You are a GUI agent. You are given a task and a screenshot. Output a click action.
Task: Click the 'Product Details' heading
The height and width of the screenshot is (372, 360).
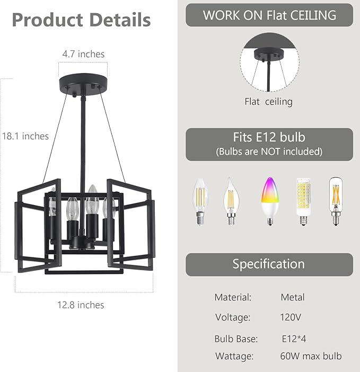(81, 20)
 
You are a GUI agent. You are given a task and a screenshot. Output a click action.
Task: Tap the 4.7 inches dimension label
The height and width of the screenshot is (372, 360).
(83, 54)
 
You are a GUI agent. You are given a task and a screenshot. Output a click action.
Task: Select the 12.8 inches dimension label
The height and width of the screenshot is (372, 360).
(81, 305)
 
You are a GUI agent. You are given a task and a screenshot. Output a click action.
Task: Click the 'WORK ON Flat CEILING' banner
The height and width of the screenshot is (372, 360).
(269, 15)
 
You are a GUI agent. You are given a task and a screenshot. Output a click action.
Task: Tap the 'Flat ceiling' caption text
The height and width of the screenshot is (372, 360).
(268, 102)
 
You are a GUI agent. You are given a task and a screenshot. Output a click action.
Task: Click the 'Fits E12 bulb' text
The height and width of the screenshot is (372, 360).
(269, 137)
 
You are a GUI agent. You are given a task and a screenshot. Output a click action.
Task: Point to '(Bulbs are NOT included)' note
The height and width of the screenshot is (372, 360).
(269, 152)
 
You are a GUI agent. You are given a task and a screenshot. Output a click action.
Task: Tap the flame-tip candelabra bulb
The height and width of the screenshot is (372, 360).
(232, 201)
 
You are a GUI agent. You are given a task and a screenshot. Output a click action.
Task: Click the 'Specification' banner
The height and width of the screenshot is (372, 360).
(269, 264)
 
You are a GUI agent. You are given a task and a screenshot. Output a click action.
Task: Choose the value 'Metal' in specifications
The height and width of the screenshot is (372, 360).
(293, 297)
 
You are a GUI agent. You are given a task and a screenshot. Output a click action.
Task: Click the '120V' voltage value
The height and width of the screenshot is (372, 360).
(291, 318)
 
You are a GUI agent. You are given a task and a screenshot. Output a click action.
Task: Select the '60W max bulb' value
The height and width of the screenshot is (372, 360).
(311, 357)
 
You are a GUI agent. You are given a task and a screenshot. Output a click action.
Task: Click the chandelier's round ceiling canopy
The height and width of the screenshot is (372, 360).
(83, 84)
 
